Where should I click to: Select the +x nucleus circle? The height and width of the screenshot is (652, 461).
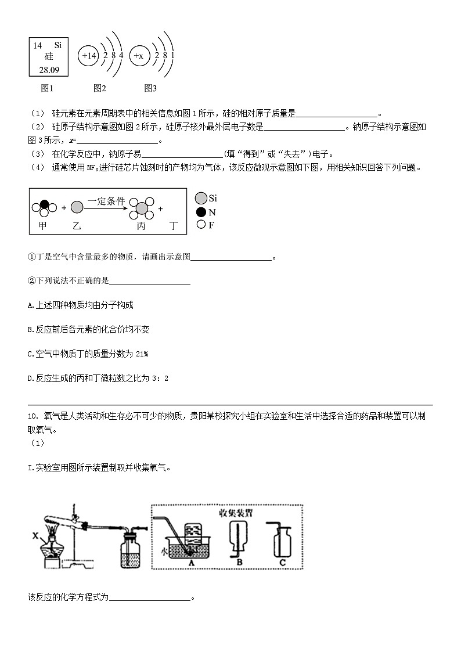point(139,56)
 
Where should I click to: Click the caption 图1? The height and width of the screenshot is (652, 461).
point(47,88)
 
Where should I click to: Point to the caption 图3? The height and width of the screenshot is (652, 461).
point(150,88)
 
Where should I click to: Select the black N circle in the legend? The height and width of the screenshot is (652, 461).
point(201,212)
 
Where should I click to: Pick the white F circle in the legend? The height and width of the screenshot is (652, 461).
point(201,225)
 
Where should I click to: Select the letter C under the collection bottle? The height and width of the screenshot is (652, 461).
point(283,563)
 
